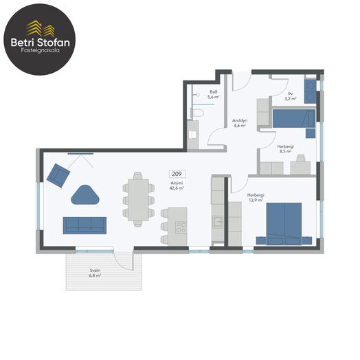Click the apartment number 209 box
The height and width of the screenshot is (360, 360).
177,174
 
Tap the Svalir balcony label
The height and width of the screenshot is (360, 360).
95,271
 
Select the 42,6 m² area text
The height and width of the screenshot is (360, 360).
177,188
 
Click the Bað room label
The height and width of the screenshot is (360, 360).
213,92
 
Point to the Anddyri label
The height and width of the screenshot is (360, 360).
240,120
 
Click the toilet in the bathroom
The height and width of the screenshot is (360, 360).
197,113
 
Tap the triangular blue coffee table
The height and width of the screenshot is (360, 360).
85,195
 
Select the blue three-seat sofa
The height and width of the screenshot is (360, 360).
85,225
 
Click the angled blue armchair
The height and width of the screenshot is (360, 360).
58,175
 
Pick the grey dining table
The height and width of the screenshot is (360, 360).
138,200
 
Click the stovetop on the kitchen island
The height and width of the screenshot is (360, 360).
181,227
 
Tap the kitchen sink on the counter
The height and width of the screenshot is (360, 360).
218,222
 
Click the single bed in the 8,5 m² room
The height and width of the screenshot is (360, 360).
294,118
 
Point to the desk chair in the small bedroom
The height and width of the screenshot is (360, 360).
301,158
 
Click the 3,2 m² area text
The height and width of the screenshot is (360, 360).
291,99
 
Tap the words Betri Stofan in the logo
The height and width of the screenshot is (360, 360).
40,43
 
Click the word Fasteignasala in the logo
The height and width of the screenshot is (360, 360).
40,50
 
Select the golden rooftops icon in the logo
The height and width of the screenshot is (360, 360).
41,28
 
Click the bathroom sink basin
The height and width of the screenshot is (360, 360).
192,135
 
